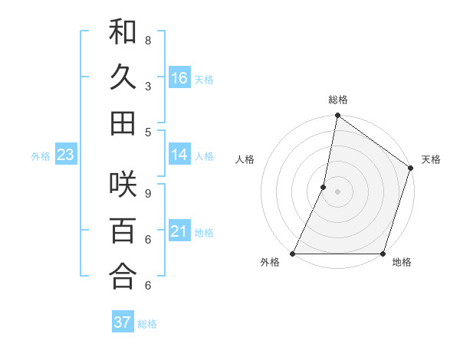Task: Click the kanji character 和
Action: point(123,33)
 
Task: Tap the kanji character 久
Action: point(123,77)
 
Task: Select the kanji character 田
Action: point(123,123)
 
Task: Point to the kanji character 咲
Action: point(123,186)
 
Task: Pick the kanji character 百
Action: point(123,231)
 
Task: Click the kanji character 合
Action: point(123,277)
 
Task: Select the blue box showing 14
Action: point(179,155)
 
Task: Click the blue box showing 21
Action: point(179,231)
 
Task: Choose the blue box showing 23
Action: point(65,155)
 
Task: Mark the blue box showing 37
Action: point(122,322)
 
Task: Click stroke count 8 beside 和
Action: point(147,40)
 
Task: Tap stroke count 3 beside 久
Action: point(147,86)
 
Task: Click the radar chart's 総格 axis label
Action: point(338,100)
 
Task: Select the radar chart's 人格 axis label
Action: point(245,159)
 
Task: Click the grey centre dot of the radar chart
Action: point(337,191)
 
